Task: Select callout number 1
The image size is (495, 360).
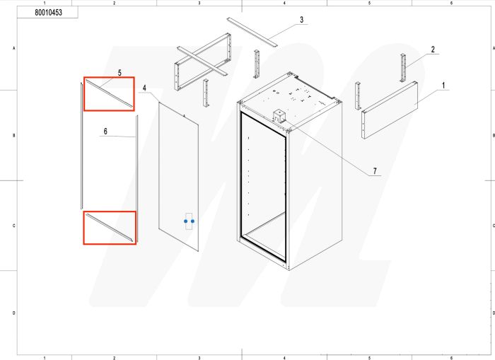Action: click(x=443, y=85)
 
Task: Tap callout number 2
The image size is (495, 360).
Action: click(x=431, y=50)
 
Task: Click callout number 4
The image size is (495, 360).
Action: click(x=144, y=88)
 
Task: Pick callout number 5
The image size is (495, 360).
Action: click(x=120, y=73)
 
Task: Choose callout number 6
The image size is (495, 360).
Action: click(x=105, y=132)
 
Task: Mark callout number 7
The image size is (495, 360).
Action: click(x=374, y=172)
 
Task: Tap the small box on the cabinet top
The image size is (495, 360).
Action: click(x=279, y=116)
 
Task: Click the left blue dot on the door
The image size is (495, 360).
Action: click(x=185, y=221)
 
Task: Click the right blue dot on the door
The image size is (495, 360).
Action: click(x=192, y=221)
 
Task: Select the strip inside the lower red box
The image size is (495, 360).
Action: click(x=110, y=228)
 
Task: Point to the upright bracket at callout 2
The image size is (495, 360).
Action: click(x=404, y=68)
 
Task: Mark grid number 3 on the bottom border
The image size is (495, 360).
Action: click(x=199, y=357)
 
